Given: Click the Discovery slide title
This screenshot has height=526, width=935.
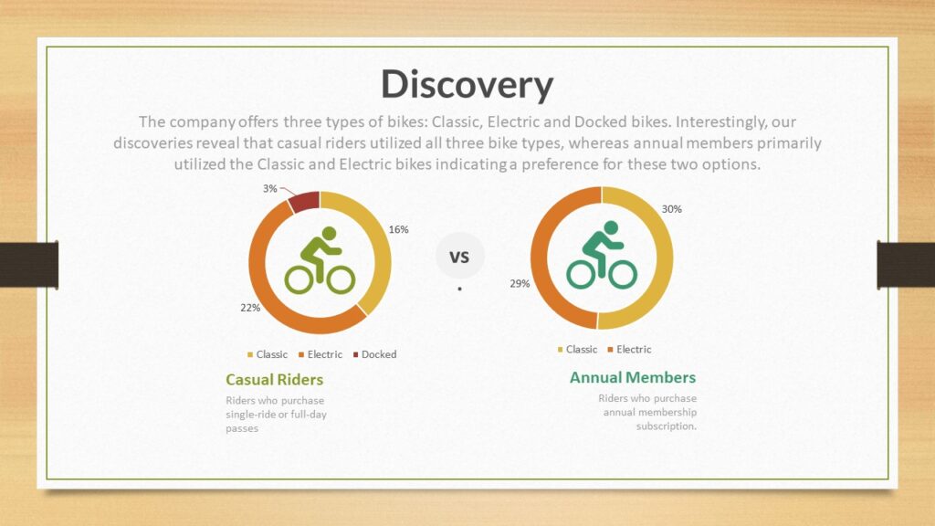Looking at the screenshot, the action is pos(467,84).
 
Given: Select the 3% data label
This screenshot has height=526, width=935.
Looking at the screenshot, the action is pos(270,188).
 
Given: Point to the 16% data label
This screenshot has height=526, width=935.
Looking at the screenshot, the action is pos(398,229).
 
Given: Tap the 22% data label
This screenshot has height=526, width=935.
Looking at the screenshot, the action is pos(250,308).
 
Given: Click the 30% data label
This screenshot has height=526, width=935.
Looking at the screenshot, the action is pos(671,209).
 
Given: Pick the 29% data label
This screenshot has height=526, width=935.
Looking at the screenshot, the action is pos(520,284).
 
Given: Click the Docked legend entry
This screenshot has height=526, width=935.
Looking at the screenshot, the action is pos(374,354).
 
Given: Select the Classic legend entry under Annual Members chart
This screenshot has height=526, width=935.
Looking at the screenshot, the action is pos(577,350).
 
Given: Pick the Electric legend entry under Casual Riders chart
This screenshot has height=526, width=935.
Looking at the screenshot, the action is pos(320,354).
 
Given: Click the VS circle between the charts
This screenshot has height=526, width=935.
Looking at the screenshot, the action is pos(460,257).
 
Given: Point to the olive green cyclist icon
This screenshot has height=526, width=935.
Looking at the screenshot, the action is pos(320,260).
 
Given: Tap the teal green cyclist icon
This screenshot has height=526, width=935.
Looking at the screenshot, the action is pos(602,256).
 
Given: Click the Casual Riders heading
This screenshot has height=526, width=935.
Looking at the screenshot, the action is pos(274,380).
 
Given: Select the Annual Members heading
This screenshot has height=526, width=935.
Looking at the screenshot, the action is pos(633,377).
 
